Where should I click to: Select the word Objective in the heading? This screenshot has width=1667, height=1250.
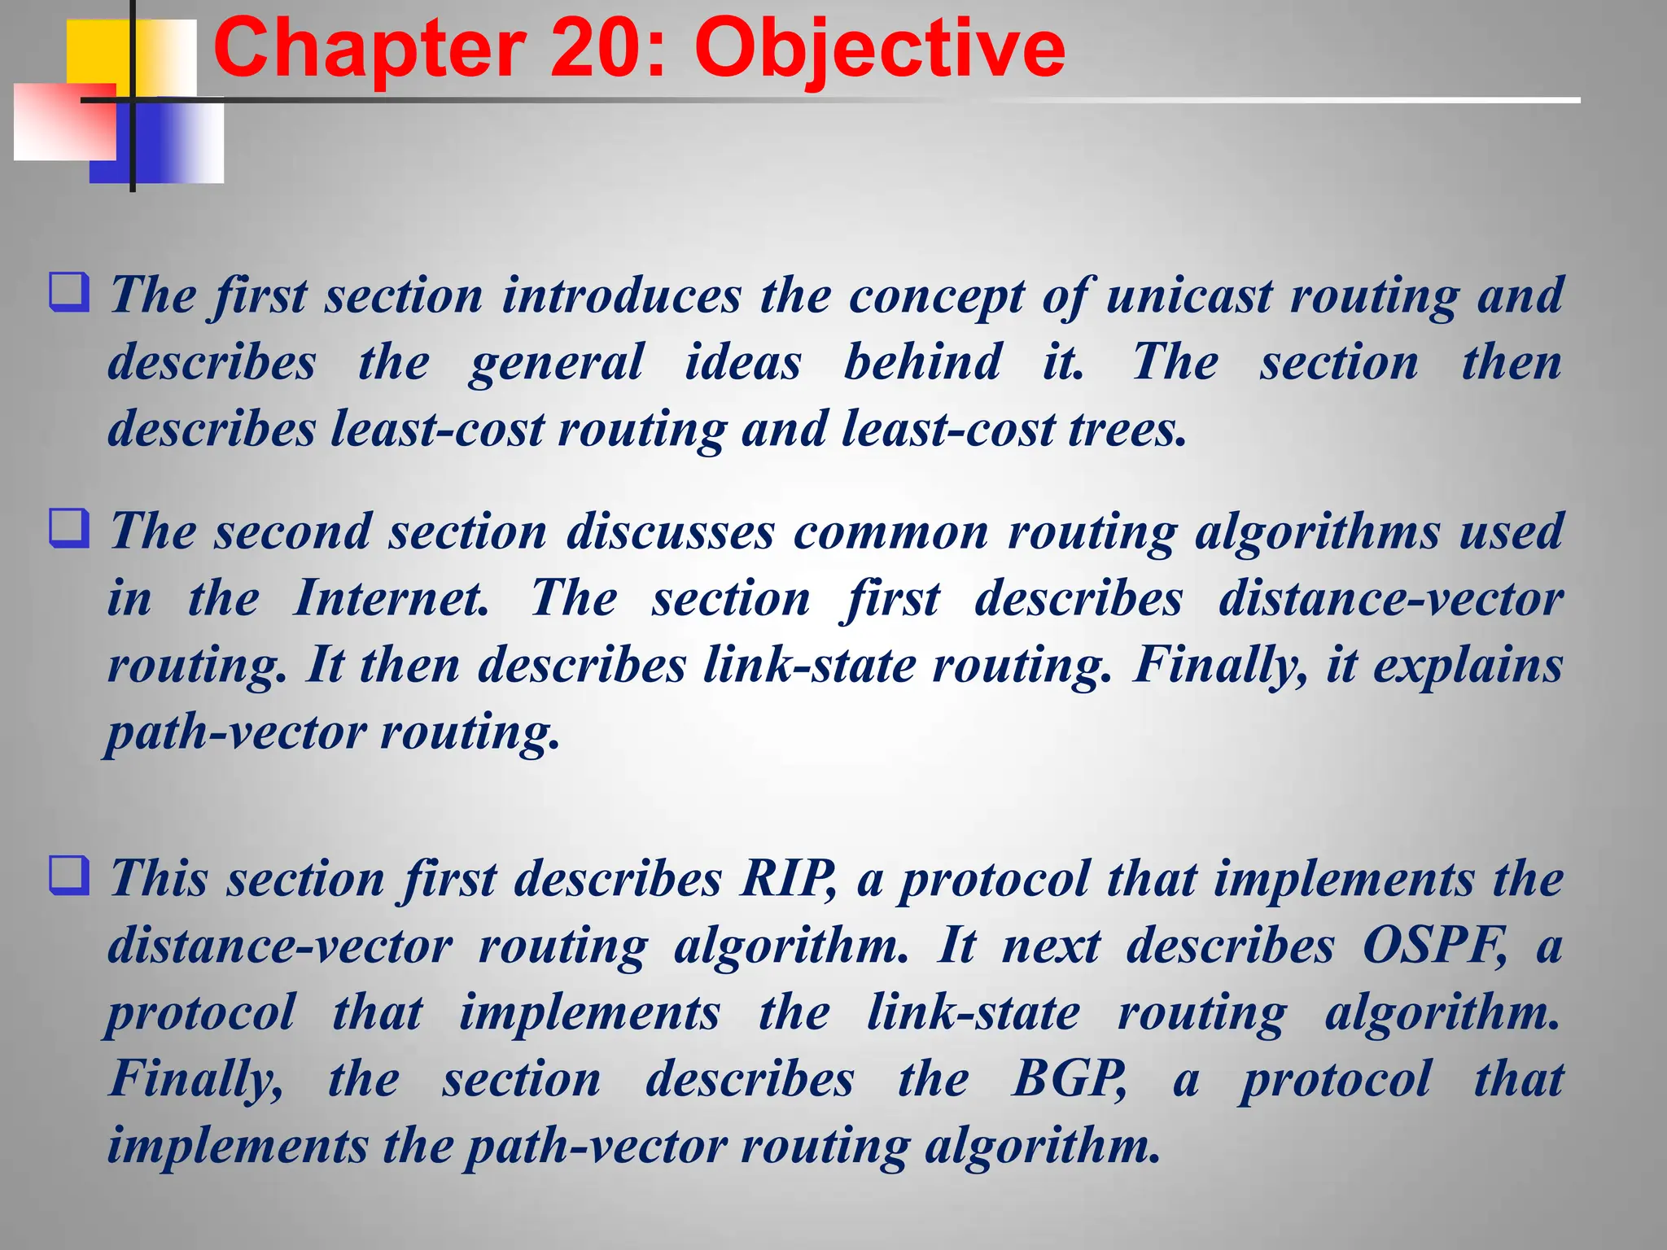879,50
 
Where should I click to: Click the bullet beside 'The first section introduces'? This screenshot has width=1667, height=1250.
69,292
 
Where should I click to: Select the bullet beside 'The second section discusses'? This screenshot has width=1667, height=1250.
69,529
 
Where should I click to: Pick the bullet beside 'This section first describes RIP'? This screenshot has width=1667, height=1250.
69,876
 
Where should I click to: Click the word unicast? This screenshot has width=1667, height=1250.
1189,295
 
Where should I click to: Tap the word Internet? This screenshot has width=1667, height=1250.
391,598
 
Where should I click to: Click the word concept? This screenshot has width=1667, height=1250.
936,296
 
